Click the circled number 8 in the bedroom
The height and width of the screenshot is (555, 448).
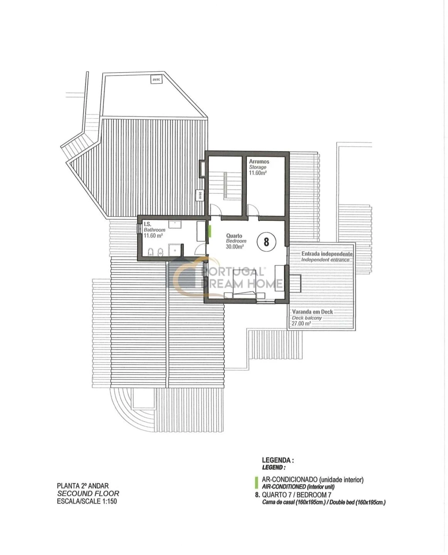[266, 242]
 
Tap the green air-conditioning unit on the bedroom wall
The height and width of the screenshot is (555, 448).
[209, 231]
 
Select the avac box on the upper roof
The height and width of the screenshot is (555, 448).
[156, 79]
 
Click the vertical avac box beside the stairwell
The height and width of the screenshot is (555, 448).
[200, 195]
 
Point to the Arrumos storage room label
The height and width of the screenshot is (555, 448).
[259, 162]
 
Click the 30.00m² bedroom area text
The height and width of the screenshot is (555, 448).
[234, 246]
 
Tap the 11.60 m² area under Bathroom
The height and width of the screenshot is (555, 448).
[153, 236]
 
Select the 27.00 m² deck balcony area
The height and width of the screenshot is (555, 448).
[301, 323]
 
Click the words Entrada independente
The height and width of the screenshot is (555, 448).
[327, 253]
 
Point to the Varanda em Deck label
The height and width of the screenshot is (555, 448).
[312, 312]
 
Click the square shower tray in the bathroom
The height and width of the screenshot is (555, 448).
[175, 250]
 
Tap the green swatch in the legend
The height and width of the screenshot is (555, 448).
[257, 482]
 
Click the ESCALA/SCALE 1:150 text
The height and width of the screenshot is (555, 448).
[87, 501]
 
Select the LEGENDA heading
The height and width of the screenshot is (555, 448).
[278, 460]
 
